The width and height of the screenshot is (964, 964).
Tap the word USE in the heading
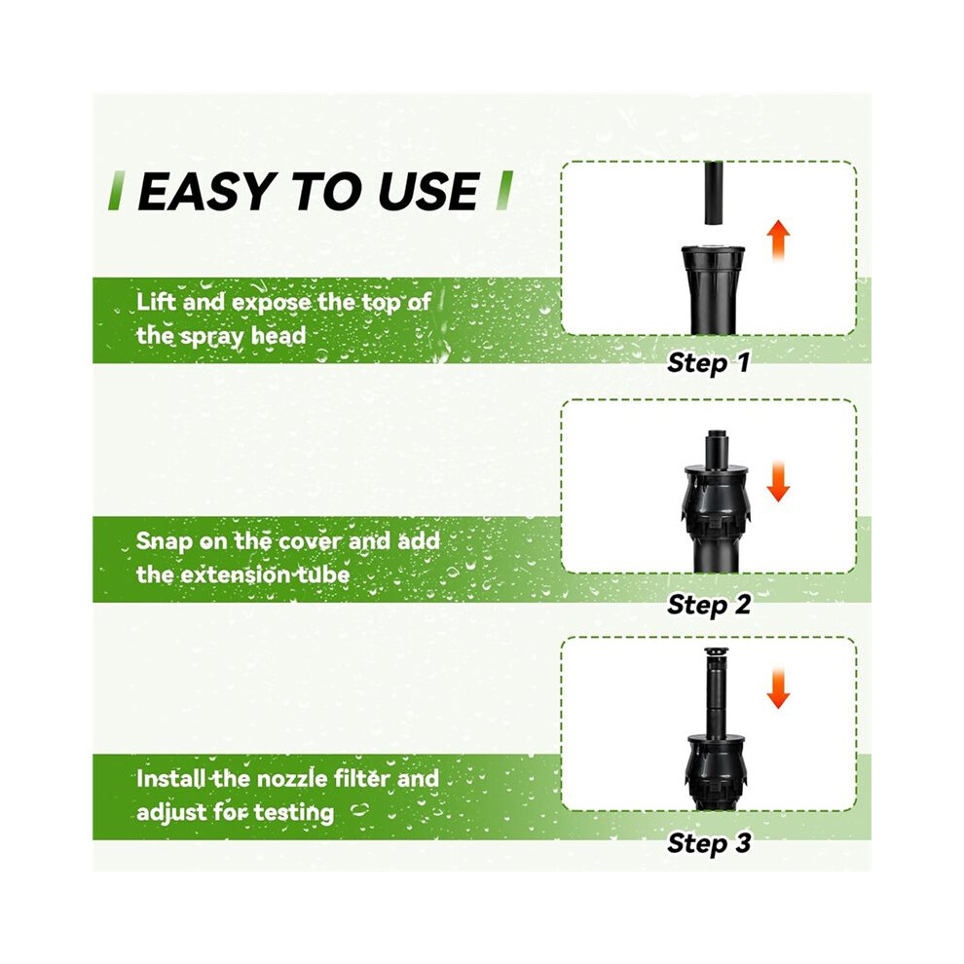coord(428,191)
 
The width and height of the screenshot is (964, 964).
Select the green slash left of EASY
coord(115,191)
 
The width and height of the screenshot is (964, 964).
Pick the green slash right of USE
coord(504,191)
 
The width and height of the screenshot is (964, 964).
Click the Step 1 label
coord(708,362)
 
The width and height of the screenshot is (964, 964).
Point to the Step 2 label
coord(709,605)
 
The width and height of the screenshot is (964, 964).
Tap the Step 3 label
coord(709,842)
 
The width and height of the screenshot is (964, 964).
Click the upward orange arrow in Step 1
coord(779,240)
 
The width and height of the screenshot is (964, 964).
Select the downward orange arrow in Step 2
coord(778,480)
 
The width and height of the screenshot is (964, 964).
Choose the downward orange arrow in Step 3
coord(778,686)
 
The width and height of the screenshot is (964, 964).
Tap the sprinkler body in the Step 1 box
coord(713,290)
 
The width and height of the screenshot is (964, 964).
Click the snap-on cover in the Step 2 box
coord(717,499)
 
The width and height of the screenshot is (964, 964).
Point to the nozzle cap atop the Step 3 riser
coord(715,652)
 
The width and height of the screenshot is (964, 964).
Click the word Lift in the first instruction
coord(156,302)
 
